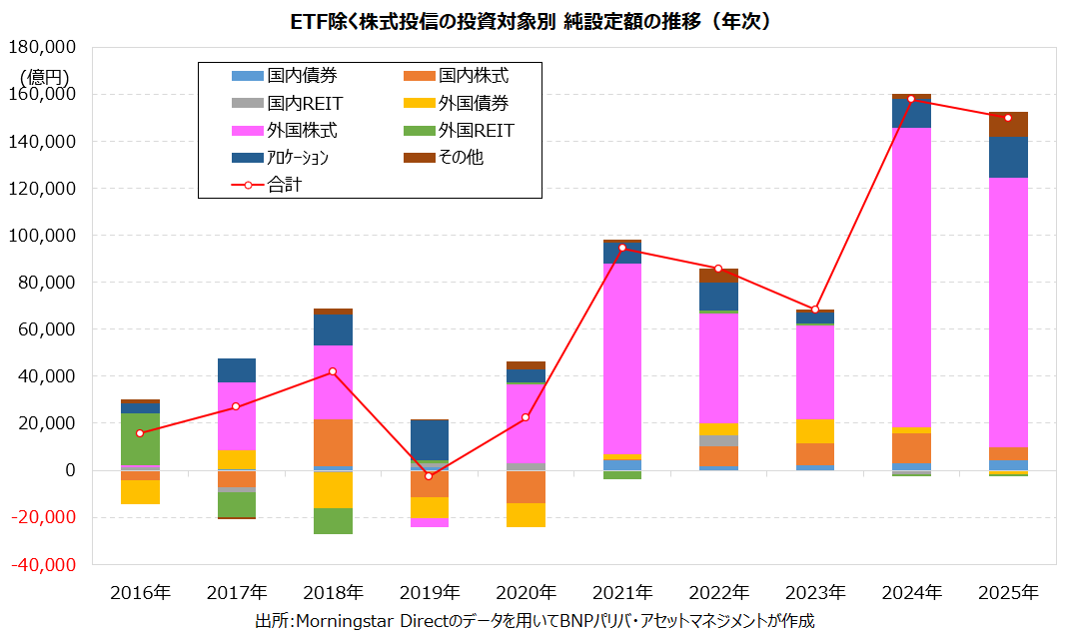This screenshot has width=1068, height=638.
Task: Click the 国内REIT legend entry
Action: pyautogui.click(x=305, y=102)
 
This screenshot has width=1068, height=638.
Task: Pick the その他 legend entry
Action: pyautogui.click(x=460, y=157)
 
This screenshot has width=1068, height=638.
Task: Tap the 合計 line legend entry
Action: pyautogui.click(x=285, y=184)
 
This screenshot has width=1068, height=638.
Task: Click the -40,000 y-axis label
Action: pyautogui.click(x=45, y=564)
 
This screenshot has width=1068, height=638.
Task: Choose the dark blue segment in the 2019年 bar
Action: pyautogui.click(x=429, y=440)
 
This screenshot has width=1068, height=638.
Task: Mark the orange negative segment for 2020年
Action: pyautogui.click(x=526, y=487)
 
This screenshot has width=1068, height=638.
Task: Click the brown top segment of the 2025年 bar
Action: pyautogui.click(x=1008, y=124)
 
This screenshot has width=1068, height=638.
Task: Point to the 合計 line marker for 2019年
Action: pyautogui.click(x=429, y=475)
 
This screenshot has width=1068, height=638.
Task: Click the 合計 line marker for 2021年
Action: pyautogui.click(x=622, y=248)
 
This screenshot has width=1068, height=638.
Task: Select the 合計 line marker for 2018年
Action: pyautogui.click(x=333, y=371)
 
